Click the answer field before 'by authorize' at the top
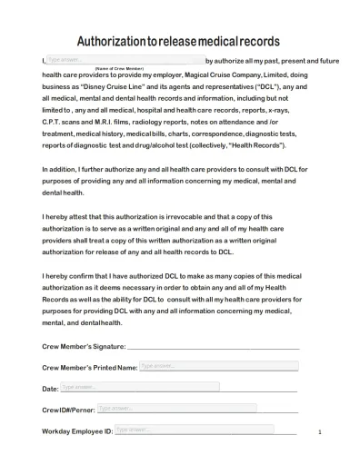tap(119, 59)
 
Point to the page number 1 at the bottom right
tap(320, 432)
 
